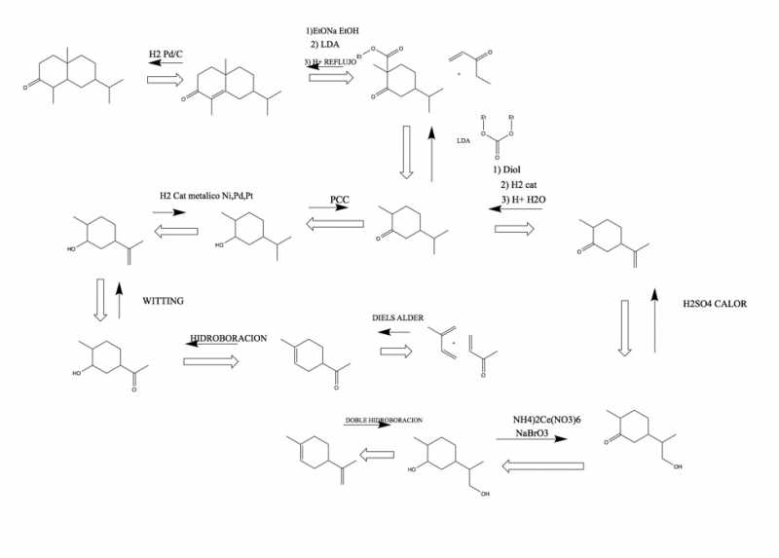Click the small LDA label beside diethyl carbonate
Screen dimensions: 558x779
[464, 140]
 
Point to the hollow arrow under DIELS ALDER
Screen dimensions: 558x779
[395, 353]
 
